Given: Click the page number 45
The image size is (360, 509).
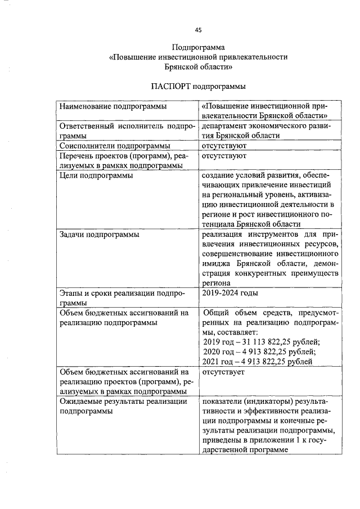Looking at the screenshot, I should click(198, 30).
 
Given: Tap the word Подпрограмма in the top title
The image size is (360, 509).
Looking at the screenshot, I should click(198, 48).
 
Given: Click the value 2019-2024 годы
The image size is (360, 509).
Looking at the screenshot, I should click(231, 292).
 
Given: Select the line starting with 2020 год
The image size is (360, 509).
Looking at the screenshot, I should click(259, 352).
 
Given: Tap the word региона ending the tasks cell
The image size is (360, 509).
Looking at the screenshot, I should click(216, 283).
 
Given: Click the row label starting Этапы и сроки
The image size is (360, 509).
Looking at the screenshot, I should click(123, 292).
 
